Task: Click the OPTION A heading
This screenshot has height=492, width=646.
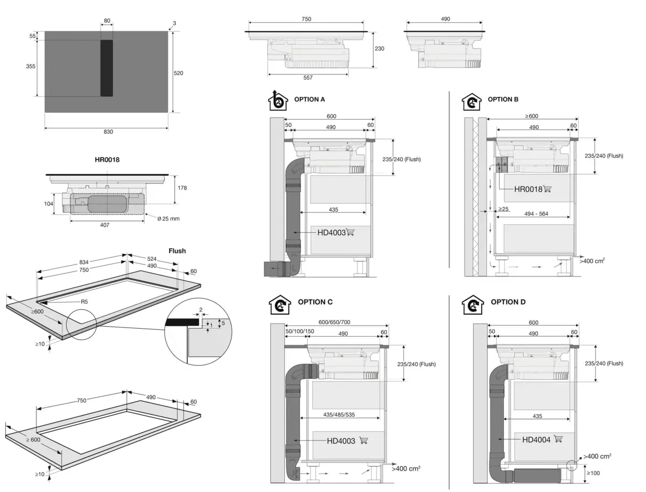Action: coord(310,99)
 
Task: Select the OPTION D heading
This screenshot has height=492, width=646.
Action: coord(508,302)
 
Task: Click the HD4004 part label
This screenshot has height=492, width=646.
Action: coord(536,440)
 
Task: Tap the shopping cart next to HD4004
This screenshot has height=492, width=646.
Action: coord(558,439)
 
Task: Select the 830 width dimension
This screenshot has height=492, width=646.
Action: coord(108,131)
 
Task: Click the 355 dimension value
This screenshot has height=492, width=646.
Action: coord(31,66)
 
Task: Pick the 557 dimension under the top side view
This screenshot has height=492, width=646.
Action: coord(307,78)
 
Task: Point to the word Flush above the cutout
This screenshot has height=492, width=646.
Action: coord(177,251)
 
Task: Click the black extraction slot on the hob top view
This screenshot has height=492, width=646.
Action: coord(107,68)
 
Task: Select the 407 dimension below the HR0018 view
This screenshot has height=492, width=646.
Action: coord(104,225)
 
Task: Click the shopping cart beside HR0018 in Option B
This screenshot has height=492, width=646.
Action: coord(547,189)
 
